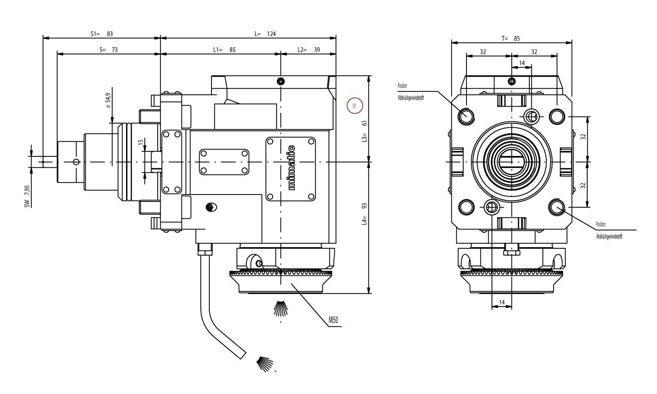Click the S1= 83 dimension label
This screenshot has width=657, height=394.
coord(101,34)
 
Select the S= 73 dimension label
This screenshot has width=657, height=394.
coord(108,50)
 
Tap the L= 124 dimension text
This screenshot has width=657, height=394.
coord(265,34)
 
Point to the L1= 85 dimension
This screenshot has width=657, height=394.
coord(224,50)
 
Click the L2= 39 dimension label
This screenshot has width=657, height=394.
coord(308,50)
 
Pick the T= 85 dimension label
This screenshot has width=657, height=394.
coord(510,38)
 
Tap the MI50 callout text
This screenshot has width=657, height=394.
coord(333,320)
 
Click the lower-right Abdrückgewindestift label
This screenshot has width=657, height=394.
coord(609,237)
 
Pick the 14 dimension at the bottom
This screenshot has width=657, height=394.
coord(501,302)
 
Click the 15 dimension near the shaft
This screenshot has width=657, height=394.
coord(140,142)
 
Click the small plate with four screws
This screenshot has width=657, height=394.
coord(224,162)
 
